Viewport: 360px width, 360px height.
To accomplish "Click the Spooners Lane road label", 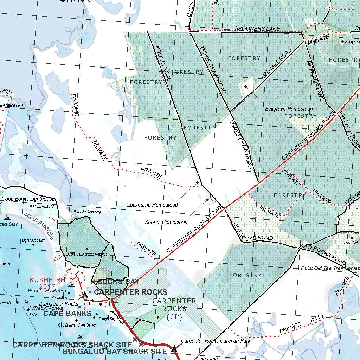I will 257,28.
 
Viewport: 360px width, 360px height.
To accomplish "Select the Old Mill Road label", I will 276,64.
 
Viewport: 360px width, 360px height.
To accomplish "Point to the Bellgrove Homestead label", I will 289,109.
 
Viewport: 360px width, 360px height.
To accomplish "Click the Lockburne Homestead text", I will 152,205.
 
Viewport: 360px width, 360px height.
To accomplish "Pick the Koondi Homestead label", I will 166,222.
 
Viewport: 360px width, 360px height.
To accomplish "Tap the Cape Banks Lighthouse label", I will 28,199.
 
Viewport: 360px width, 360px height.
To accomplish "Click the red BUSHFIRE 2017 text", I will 47,283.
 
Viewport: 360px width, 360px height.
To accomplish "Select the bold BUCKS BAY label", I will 118,282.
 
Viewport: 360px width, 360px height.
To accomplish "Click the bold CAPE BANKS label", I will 67,314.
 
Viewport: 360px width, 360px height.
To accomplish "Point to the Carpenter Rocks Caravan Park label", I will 216,341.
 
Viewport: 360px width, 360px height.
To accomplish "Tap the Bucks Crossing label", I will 89,211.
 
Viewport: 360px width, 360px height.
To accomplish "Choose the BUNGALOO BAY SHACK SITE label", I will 115,351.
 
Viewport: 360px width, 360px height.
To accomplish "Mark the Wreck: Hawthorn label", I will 49,291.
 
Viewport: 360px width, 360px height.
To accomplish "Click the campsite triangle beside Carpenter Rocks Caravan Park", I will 174,349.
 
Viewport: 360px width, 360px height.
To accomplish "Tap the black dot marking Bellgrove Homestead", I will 246,86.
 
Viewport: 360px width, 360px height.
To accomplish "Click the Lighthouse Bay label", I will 33,240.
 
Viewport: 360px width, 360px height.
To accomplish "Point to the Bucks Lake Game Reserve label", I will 86,254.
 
